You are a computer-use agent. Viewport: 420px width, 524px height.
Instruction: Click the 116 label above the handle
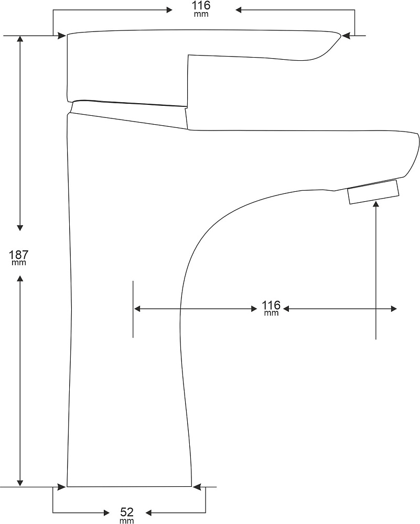click(201, 5)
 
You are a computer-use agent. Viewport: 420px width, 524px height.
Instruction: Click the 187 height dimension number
click(19, 255)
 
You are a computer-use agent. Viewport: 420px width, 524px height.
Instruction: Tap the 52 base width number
click(127, 512)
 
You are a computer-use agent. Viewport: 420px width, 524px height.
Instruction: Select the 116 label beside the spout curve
click(271, 305)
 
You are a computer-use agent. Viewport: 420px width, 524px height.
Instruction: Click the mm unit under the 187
click(19, 263)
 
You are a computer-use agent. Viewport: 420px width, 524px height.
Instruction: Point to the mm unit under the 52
click(127, 520)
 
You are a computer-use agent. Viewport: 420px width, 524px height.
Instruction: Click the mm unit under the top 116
click(201, 14)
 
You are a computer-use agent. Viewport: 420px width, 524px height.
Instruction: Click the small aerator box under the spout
click(373, 191)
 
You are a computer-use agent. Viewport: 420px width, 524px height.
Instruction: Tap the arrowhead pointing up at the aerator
click(376, 204)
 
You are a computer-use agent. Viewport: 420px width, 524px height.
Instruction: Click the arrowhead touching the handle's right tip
click(346, 35)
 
